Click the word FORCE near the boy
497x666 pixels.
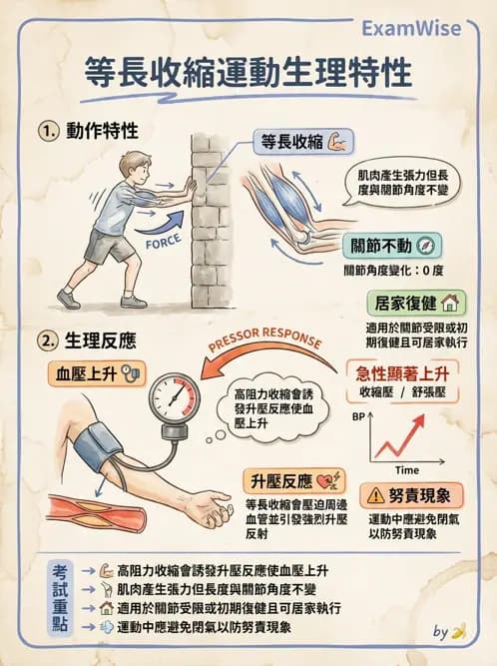tap(164, 242)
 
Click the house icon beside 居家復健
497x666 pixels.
tap(449, 303)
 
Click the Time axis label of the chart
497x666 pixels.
tap(406, 469)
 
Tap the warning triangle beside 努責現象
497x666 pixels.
tap(374, 495)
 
